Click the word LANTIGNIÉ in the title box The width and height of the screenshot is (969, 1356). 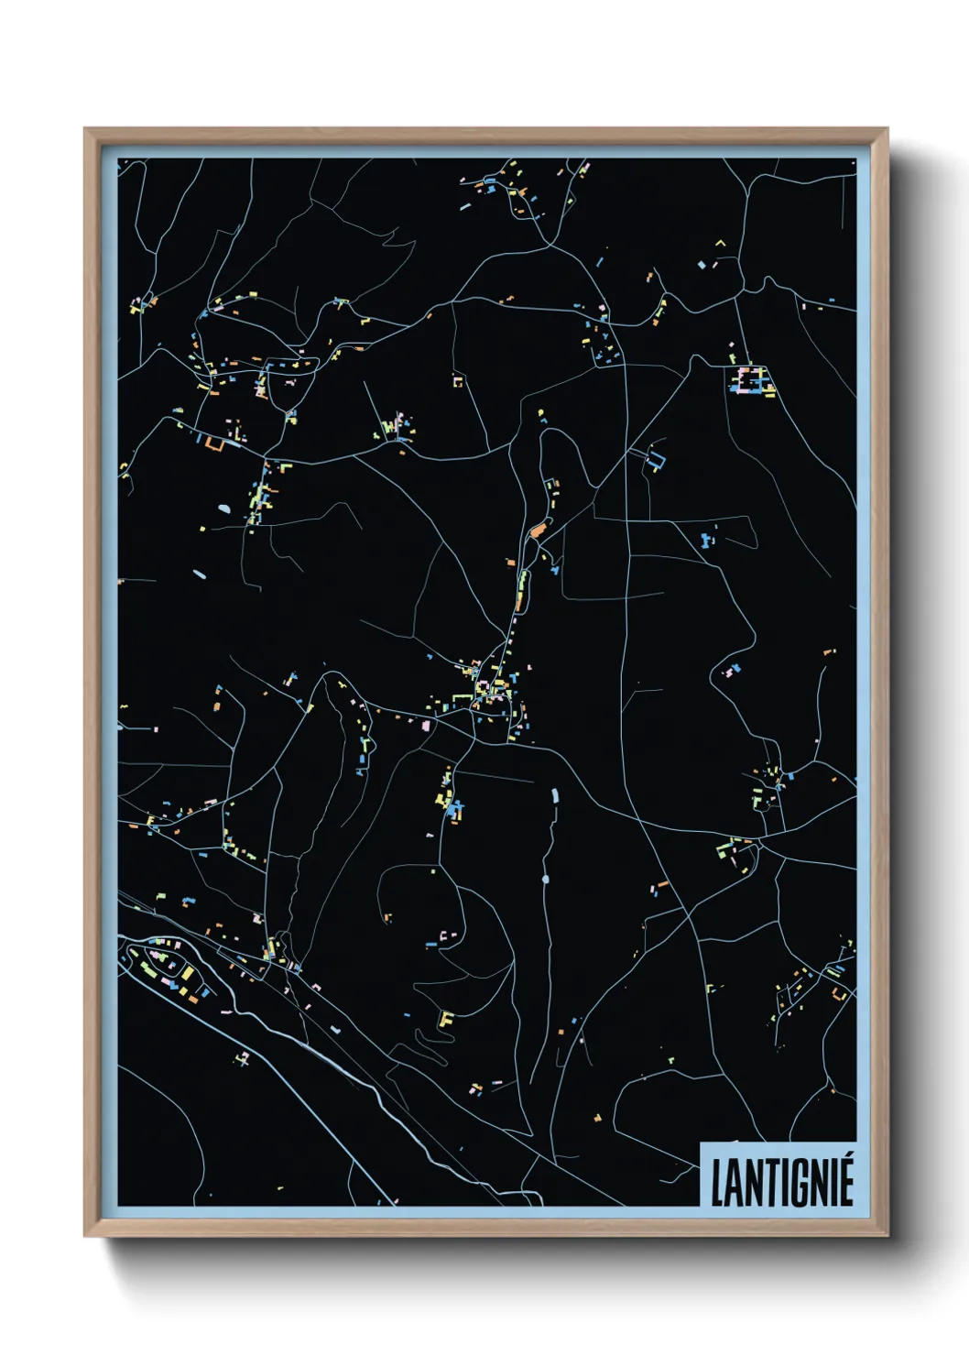(x=781, y=1182)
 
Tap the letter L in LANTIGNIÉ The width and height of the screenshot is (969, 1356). (x=718, y=1184)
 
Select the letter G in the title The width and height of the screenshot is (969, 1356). (x=800, y=1184)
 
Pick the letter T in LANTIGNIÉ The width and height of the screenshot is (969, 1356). (x=768, y=1184)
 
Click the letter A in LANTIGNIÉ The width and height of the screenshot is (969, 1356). (x=735, y=1184)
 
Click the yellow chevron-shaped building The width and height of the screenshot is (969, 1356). (x=720, y=243)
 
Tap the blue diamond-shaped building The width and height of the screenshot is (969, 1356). (x=702, y=265)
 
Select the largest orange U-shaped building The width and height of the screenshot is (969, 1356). (x=214, y=444)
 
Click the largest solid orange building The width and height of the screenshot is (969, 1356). (x=537, y=530)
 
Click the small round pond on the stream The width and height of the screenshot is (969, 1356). (x=546, y=880)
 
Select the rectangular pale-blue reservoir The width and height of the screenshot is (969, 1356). (x=554, y=794)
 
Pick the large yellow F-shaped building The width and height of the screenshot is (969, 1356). (x=446, y=1019)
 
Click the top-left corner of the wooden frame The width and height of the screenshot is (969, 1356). (x=86, y=130)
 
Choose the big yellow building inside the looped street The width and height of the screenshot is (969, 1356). (x=188, y=973)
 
